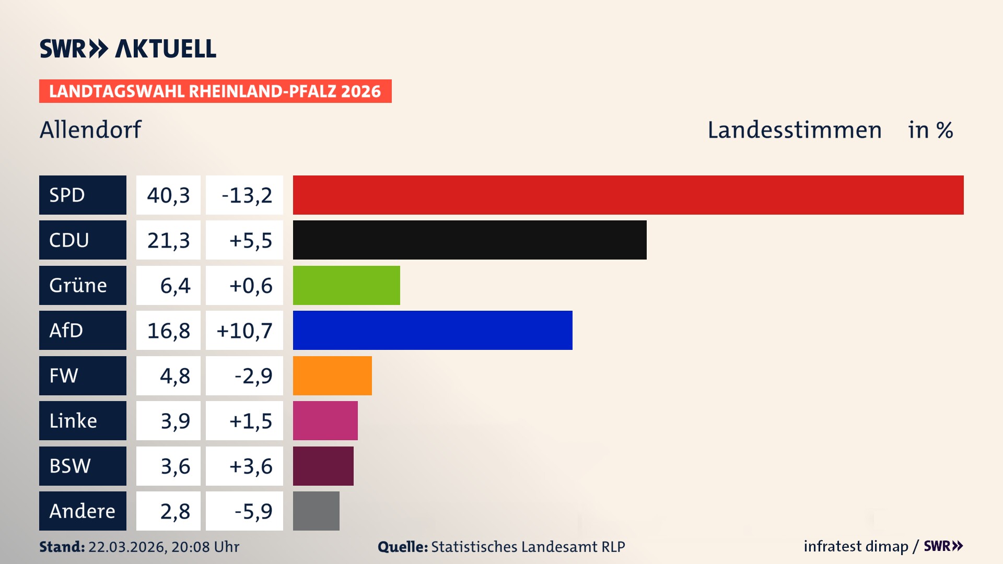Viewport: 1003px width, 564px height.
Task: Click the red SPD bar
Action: click(x=628, y=195)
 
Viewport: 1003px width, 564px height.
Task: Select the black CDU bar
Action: click(x=470, y=240)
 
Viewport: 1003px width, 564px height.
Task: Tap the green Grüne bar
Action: click(x=346, y=285)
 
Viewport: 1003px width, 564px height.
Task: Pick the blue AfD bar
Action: click(x=433, y=330)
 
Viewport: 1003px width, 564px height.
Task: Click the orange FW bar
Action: click(x=332, y=375)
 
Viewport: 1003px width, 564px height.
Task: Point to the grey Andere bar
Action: click(x=316, y=511)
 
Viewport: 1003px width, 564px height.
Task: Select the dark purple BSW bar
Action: click(x=323, y=466)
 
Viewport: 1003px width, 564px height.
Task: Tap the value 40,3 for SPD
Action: click(x=168, y=195)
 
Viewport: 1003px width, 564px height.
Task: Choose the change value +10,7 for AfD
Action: click(x=244, y=331)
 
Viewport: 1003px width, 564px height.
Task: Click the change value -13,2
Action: click(x=247, y=195)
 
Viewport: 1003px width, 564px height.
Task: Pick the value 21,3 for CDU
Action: click(x=168, y=240)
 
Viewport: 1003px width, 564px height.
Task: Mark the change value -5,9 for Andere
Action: click(x=253, y=511)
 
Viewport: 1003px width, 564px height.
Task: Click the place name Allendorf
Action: click(x=90, y=130)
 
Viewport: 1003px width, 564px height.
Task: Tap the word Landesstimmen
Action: click(x=794, y=130)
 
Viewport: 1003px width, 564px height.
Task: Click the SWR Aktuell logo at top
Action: click(x=127, y=49)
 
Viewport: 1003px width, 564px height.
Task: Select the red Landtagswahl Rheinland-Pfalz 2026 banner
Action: click(x=215, y=91)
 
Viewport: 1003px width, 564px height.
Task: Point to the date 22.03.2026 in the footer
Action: click(x=127, y=547)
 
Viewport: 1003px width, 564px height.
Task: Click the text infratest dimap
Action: click(x=855, y=546)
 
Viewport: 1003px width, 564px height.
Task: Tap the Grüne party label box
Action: click(x=83, y=285)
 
